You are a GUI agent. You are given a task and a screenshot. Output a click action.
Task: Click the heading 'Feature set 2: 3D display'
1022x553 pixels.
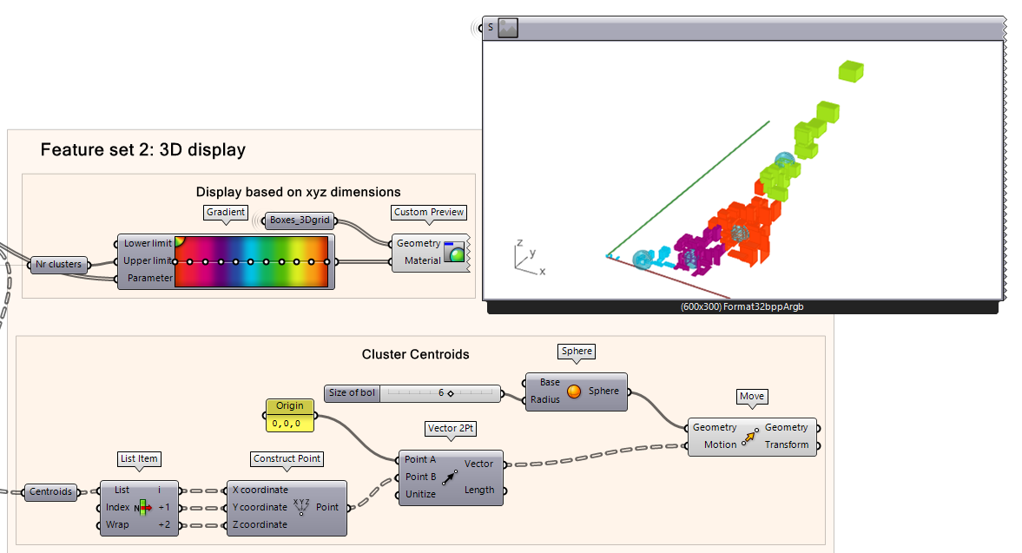coord(143,150)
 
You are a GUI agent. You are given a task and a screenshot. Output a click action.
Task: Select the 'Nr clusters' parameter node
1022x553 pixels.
coord(59,264)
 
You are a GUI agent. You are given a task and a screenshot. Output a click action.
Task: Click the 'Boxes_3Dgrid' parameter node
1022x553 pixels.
coord(300,221)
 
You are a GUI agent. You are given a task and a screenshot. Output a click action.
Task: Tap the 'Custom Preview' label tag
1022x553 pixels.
coord(429,212)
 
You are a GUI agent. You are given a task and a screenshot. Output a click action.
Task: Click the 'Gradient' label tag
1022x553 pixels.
coord(226,212)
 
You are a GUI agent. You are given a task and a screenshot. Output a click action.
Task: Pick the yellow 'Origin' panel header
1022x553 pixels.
coord(290,405)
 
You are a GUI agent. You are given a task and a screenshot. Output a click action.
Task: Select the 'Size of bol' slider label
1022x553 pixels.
coord(353,393)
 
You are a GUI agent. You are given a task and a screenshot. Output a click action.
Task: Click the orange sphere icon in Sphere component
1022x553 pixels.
coord(573,392)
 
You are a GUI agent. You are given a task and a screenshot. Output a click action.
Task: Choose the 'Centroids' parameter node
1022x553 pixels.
coord(51,492)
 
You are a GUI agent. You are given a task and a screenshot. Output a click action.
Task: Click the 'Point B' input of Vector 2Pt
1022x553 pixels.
coord(421,477)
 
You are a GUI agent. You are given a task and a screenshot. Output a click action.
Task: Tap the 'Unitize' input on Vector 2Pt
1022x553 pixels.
coord(421,494)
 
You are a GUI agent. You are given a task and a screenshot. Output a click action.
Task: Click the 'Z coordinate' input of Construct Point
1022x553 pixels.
coord(260,524)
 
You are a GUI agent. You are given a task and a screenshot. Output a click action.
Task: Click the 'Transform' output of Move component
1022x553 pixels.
coord(786,444)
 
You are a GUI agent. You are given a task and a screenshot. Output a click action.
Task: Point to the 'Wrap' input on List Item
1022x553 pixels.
coord(117,524)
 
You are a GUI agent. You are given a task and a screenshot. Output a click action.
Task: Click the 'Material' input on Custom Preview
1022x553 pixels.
coord(422,260)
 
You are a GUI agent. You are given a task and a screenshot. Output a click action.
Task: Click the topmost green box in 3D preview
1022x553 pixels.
coord(851,71)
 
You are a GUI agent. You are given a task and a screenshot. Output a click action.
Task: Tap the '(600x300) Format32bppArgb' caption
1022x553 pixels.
coord(742,306)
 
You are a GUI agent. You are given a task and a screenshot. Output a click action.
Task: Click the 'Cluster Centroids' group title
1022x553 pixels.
coord(415,354)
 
